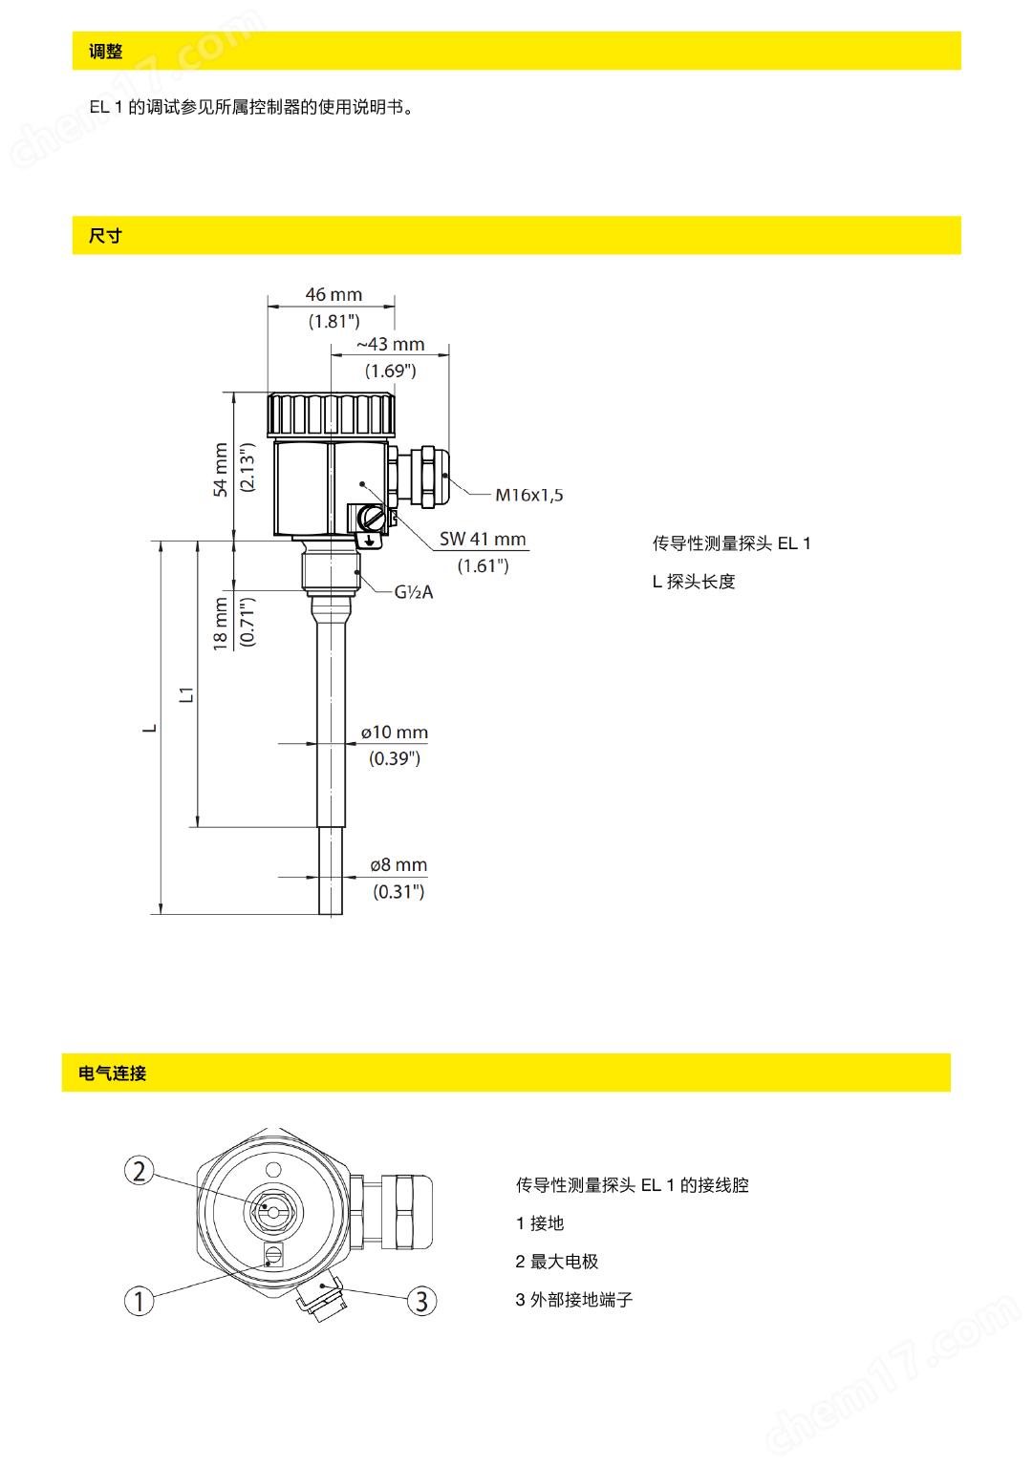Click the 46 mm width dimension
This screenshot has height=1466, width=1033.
pyautogui.click(x=334, y=295)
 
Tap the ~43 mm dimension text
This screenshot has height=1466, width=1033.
pyautogui.click(x=391, y=345)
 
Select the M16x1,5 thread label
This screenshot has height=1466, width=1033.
pyautogui.click(x=528, y=495)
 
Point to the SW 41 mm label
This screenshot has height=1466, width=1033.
pyautogui.click(x=483, y=540)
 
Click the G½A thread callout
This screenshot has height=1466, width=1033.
pyautogui.click(x=414, y=592)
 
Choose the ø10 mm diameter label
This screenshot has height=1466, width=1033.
pyautogui.click(x=395, y=733)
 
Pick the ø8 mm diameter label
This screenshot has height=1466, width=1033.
pyautogui.click(x=398, y=865)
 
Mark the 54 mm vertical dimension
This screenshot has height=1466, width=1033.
pyautogui.click(x=221, y=469)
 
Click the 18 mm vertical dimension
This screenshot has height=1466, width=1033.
pyautogui.click(x=221, y=624)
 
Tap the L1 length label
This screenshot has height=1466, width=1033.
pyautogui.click(x=186, y=694)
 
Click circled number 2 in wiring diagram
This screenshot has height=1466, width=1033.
pyautogui.click(x=140, y=1171)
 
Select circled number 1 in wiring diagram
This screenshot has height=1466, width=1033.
pyautogui.click(x=140, y=1301)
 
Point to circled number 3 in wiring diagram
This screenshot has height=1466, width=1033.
pyautogui.click(x=421, y=1301)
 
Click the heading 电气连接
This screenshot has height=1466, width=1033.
pyautogui.click(x=113, y=1073)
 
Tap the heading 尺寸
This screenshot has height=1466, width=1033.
pyautogui.click(x=106, y=236)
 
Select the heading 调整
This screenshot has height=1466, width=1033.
pyautogui.click(x=106, y=52)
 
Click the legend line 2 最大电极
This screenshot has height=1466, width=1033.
pyautogui.click(x=557, y=1262)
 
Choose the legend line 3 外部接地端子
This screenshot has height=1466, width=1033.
pyautogui.click(x=574, y=1300)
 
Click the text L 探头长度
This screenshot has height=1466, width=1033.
pyautogui.click(x=694, y=582)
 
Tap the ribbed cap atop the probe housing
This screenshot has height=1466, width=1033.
pyautogui.click(x=332, y=414)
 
